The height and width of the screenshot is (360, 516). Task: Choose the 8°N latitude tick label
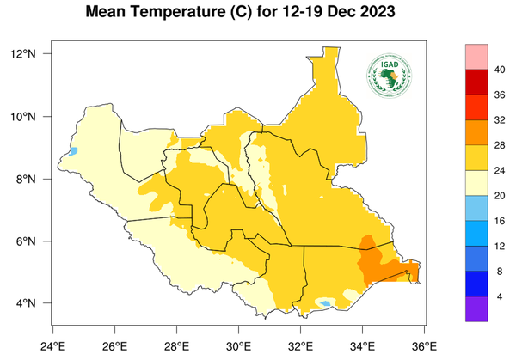(26, 179)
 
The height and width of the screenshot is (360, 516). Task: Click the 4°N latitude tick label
(26, 303)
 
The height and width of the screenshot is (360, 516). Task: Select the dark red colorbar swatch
(476, 82)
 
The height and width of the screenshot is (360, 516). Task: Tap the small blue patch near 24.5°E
(74, 151)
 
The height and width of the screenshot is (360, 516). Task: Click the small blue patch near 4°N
(326, 303)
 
